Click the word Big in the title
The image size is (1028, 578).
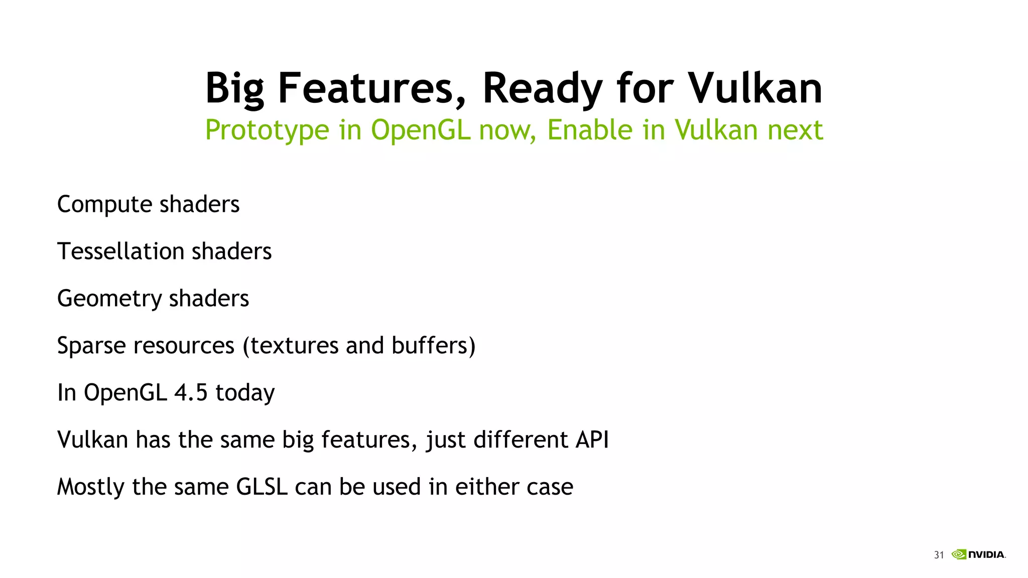click(234, 89)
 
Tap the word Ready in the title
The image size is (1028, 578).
click(542, 89)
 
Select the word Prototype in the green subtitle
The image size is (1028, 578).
click(267, 130)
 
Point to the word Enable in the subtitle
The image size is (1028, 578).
click(590, 129)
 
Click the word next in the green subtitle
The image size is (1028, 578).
click(795, 130)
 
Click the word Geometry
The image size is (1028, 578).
click(109, 299)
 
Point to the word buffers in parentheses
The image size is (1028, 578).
click(433, 345)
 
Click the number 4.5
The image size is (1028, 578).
click(191, 392)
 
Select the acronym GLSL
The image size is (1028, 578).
click(262, 487)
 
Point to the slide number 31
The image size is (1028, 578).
click(939, 555)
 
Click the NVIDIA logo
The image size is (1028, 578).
click(978, 554)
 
